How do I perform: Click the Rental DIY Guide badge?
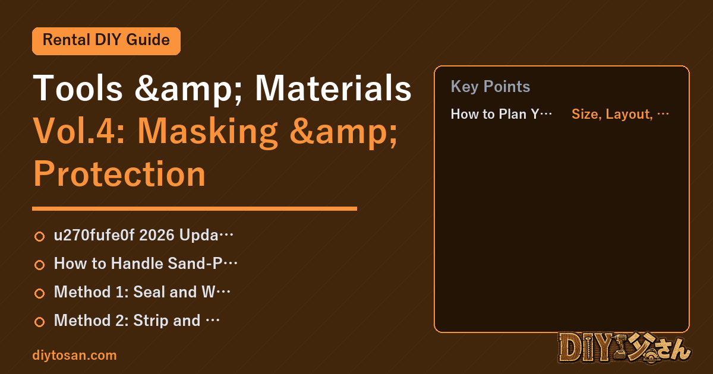click(x=106, y=41)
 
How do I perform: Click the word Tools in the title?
click(x=78, y=88)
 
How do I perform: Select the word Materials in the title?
click(x=333, y=88)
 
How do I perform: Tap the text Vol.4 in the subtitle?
click(x=79, y=131)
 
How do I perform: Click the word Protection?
click(x=119, y=174)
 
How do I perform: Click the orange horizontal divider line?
click(x=194, y=208)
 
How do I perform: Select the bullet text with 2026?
click(x=144, y=235)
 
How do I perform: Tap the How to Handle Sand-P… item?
click(x=146, y=264)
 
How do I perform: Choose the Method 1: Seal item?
click(x=142, y=292)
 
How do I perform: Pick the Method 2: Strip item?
click(x=137, y=320)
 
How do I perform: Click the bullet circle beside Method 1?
click(x=39, y=293)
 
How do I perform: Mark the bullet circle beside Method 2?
click(x=39, y=322)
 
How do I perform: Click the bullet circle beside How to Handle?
click(x=39, y=265)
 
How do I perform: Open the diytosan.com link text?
click(x=74, y=355)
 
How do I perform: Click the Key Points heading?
click(x=490, y=87)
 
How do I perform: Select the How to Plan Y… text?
click(x=501, y=114)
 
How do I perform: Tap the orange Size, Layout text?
click(x=620, y=114)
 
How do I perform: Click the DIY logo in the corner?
click(x=624, y=348)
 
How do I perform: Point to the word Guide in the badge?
click(x=148, y=40)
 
